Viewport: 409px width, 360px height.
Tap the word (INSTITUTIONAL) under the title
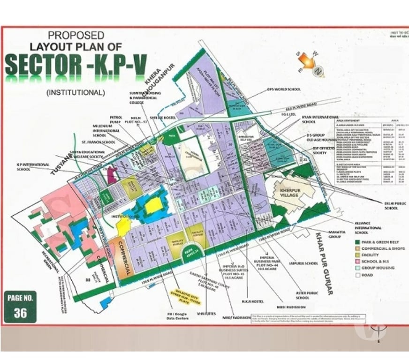[76, 92]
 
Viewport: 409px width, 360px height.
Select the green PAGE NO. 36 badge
[20, 307]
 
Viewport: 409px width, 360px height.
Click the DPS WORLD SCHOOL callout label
[284, 89]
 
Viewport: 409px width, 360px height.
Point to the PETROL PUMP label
[116, 120]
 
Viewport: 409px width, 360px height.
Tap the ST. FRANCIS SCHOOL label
[98, 141]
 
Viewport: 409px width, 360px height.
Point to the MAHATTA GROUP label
[337, 234]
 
